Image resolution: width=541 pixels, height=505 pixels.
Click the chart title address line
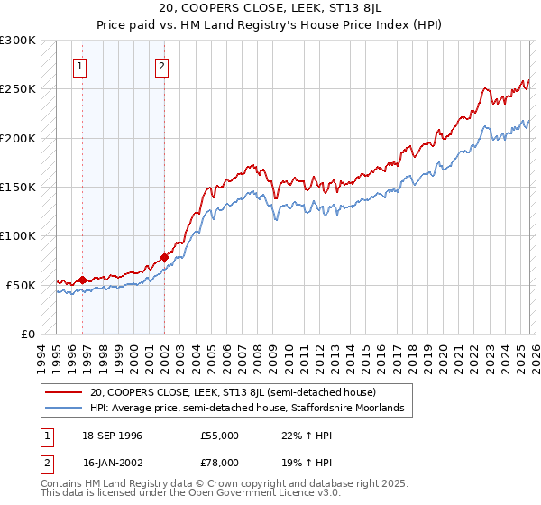270,8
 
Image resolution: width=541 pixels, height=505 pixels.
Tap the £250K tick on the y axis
18,89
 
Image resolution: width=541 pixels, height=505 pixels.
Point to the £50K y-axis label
21,285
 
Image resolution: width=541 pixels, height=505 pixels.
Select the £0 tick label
27,334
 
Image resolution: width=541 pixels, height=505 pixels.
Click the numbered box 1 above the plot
80,65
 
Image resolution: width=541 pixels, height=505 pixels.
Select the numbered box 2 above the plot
161,65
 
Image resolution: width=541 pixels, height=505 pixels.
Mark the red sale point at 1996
82,280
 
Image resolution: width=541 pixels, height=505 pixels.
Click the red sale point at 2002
164,257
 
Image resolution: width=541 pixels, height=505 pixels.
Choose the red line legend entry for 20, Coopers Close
239,392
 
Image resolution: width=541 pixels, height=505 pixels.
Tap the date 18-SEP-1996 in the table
113,436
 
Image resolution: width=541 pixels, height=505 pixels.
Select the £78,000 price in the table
220,462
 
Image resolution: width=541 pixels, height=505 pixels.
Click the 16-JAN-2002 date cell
113,462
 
